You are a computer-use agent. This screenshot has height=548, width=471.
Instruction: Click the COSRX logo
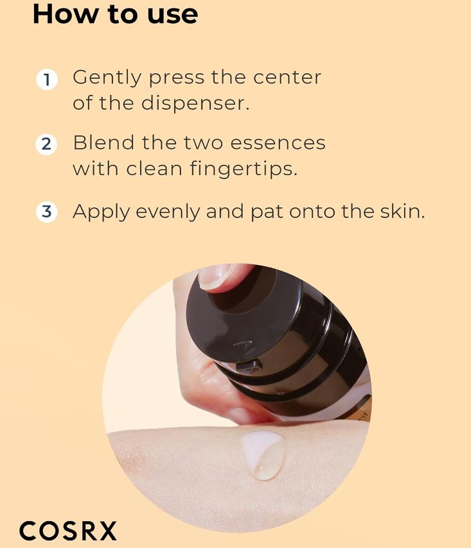point(67,531)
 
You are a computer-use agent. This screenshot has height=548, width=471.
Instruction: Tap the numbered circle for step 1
point(47,80)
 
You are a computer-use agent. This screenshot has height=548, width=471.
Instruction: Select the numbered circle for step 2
point(46,144)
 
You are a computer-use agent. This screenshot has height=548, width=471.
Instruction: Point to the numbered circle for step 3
point(46,212)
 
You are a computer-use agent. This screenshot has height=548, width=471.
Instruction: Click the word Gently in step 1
point(107,78)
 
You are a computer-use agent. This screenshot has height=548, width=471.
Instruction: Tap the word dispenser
point(195,104)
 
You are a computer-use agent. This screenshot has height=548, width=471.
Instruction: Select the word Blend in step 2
point(103,142)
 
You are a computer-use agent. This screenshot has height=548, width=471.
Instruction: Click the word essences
point(278,143)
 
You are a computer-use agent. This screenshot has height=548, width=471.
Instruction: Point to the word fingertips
point(244,169)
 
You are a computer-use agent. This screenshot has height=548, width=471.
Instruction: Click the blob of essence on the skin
point(263,454)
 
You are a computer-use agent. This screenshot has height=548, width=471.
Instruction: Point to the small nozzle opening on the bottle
point(250,366)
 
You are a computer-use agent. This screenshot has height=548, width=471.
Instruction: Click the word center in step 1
point(287,78)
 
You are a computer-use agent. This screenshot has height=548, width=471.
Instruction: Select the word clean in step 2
point(154,169)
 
